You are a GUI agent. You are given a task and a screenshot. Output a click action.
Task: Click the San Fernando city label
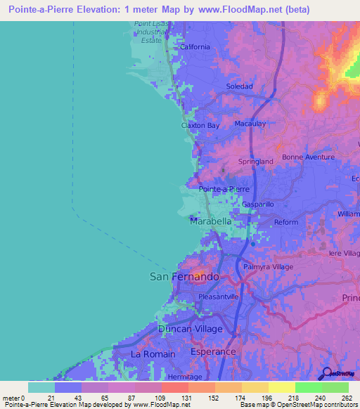tap(184, 277)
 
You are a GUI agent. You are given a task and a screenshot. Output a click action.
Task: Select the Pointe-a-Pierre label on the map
tap(224, 190)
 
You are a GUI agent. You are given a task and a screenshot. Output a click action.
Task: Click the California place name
tap(195, 47)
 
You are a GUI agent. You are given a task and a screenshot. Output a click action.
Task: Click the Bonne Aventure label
tap(308, 157)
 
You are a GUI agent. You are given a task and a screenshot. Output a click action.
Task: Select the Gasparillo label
tap(258, 204)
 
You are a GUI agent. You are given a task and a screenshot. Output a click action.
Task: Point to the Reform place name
tap(286, 222)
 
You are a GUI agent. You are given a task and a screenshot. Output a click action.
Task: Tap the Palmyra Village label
tap(268, 267)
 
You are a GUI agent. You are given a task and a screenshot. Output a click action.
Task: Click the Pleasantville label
tap(219, 297)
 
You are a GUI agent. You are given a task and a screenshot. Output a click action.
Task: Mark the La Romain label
tap(153, 354)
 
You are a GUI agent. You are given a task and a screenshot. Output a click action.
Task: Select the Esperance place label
tap(214, 351)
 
